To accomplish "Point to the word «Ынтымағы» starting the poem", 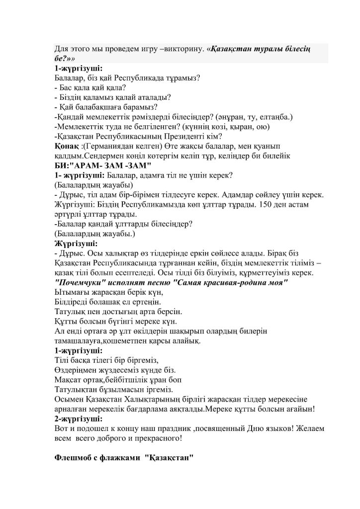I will click(x=72, y=292).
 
